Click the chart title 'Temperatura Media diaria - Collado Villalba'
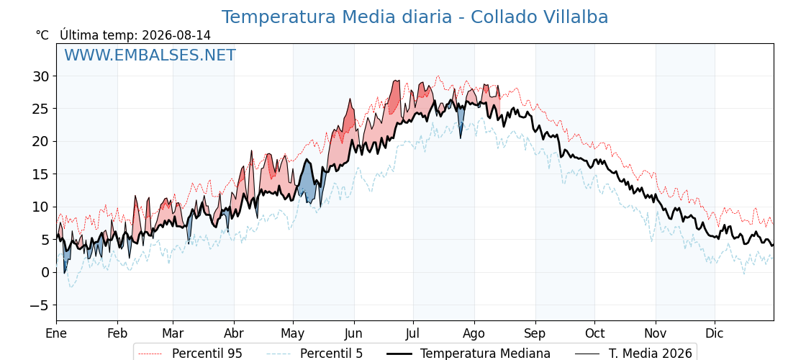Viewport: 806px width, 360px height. (x=415, y=17)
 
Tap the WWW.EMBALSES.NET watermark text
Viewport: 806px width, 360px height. (x=150, y=55)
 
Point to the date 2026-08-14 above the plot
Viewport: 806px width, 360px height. (x=176, y=35)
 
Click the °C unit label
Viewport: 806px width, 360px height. (x=42, y=35)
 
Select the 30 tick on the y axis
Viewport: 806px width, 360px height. (x=41, y=76)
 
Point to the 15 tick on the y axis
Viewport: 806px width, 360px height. (x=41, y=174)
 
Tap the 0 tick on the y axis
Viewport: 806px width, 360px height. (x=45, y=273)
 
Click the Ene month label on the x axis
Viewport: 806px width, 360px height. (x=57, y=333)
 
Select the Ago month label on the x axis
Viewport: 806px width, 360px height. (x=474, y=333)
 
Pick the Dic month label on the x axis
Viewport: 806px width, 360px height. (x=715, y=333)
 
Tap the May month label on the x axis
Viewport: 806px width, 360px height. (x=293, y=333)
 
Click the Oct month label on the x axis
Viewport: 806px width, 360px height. (x=594, y=333)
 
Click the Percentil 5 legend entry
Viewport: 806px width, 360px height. (x=315, y=354)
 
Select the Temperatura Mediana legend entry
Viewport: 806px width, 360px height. (x=467, y=354)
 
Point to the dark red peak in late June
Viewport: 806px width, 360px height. (x=395, y=98)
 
